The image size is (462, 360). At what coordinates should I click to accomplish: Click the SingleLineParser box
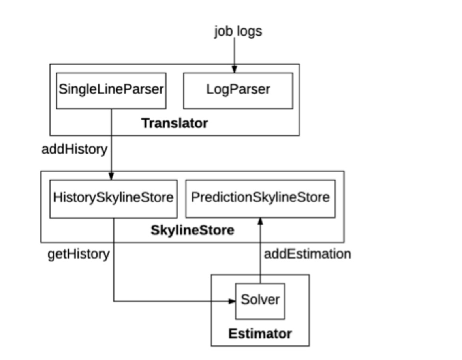pyautogui.click(x=111, y=90)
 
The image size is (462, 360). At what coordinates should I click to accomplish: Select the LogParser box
pyautogui.click(x=238, y=90)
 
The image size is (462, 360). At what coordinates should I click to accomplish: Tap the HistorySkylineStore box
pyautogui.click(x=113, y=198)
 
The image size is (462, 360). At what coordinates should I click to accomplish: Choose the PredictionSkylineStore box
pyautogui.click(x=260, y=198)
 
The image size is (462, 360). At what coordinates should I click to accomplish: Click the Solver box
pyautogui.click(x=260, y=300)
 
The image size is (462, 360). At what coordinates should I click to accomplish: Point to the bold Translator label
pyautogui.click(x=175, y=124)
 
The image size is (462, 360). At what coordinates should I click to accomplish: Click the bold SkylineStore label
pyautogui.click(x=192, y=230)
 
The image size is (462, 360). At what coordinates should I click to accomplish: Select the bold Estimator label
pyautogui.click(x=260, y=334)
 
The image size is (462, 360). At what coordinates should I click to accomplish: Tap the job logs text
pyautogui.click(x=238, y=31)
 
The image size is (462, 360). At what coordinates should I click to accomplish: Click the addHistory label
pyautogui.click(x=75, y=150)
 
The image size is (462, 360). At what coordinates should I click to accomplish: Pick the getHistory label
pyautogui.click(x=79, y=255)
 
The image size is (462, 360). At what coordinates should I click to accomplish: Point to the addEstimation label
pyautogui.click(x=307, y=254)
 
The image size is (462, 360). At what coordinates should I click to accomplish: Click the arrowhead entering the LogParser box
pyautogui.click(x=235, y=69)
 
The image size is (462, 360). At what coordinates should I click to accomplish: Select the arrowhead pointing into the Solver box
pyautogui.click(x=232, y=301)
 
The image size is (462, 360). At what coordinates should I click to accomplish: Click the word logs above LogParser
pyautogui.click(x=249, y=31)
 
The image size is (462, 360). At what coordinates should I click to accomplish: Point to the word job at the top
pyautogui.click(x=223, y=31)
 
